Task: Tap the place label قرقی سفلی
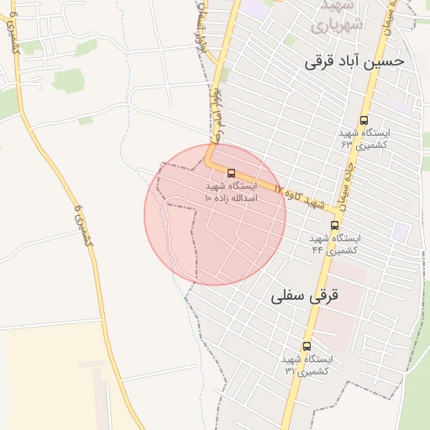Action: (x=305, y=296)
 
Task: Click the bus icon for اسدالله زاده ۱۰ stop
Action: (x=232, y=173)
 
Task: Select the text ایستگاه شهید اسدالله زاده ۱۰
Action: (x=230, y=191)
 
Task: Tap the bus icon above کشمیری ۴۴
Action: (x=335, y=225)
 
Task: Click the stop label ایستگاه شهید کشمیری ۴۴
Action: (x=335, y=244)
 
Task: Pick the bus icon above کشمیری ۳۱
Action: (x=306, y=346)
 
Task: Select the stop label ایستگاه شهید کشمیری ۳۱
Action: (x=306, y=364)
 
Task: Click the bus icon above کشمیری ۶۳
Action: (x=363, y=121)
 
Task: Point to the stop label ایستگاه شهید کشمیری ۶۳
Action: (x=363, y=139)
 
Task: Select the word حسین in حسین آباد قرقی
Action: (x=387, y=61)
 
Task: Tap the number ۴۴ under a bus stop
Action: (x=318, y=249)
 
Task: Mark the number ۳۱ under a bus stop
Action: (x=291, y=370)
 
